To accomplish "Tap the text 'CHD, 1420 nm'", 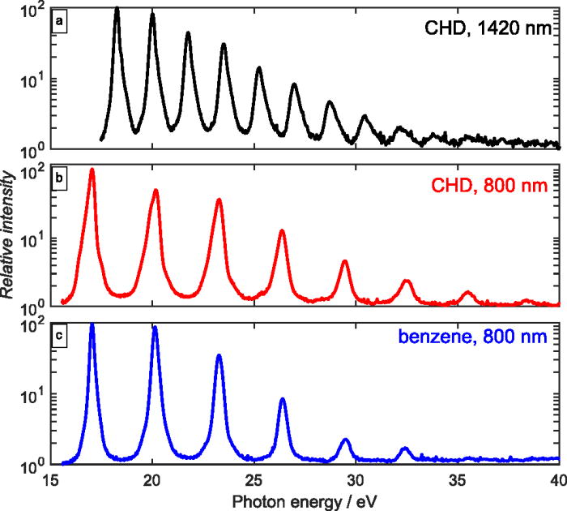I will [488, 31].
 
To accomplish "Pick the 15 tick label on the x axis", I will [51, 479].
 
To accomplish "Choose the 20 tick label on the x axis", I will [152, 479].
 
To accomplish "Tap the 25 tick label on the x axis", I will [254, 479].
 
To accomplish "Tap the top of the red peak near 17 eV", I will [92, 170].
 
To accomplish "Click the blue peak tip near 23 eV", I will [219, 355].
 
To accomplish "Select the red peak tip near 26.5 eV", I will [282, 231].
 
